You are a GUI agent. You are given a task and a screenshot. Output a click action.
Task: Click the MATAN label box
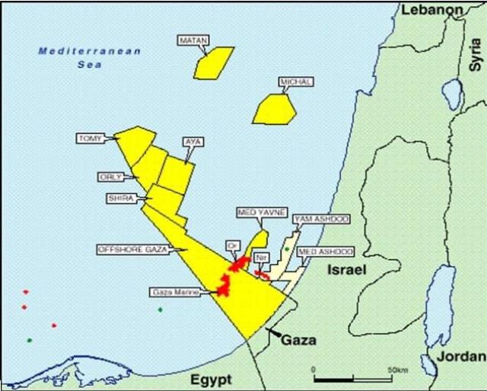[193, 39]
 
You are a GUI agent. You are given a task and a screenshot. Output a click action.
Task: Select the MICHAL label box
[296, 82]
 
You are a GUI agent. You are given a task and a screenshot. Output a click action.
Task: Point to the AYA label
[194, 142]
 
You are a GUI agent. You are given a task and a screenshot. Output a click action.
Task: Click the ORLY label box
[110, 176]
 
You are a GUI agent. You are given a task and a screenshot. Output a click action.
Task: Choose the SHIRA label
[121, 197]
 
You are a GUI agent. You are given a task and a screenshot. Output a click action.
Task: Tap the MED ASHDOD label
[326, 251]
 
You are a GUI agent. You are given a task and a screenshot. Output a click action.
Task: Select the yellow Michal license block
[272, 109]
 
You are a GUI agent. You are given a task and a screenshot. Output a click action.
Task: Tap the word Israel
[347, 271]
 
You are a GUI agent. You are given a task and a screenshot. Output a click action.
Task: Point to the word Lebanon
[432, 9]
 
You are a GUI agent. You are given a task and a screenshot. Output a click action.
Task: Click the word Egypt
[210, 379]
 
